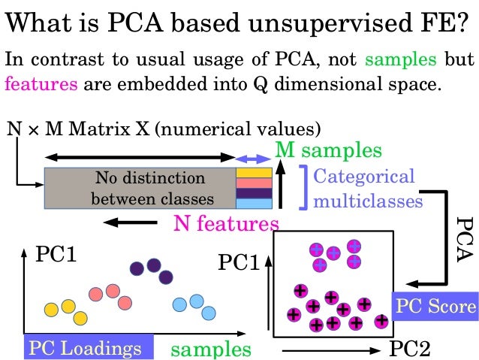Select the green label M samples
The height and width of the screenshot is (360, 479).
[327, 150]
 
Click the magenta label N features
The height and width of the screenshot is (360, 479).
[226, 223]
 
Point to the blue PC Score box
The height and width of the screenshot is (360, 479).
[435, 306]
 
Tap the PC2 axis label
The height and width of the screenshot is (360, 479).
[411, 348]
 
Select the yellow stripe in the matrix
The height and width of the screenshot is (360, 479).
[254, 174]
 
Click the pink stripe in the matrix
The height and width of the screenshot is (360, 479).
[254, 183]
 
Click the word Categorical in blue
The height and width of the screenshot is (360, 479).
[363, 177]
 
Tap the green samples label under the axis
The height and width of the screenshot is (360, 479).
[211, 349]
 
